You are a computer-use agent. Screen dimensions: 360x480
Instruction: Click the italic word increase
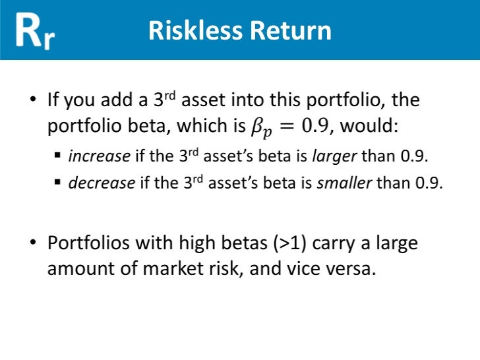click(x=100, y=157)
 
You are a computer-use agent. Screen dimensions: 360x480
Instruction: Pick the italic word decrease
click(x=102, y=183)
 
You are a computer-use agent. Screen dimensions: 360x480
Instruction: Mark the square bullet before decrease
click(x=57, y=183)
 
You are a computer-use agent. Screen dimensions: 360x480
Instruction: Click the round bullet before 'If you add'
click(x=33, y=101)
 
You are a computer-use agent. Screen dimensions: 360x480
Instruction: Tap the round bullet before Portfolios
click(x=33, y=244)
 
